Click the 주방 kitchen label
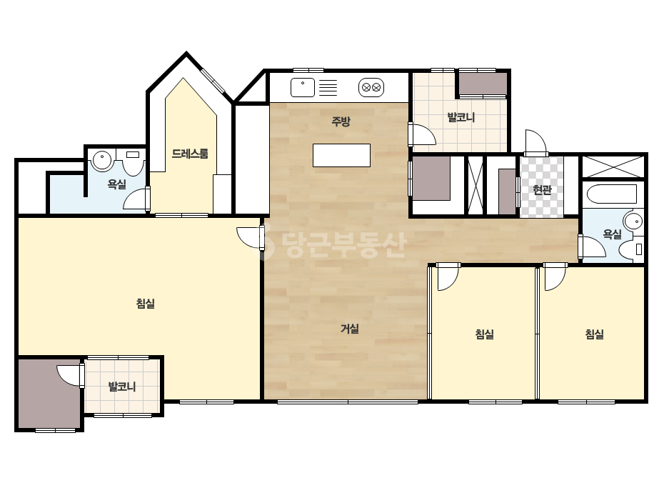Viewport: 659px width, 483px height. tap(341, 121)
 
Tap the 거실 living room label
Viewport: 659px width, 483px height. tap(350, 329)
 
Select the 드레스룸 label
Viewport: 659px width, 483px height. tap(190, 154)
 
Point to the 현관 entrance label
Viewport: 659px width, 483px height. tap(542, 190)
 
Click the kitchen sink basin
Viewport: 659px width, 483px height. tap(303, 87)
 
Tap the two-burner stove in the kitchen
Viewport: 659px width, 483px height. tap(371, 87)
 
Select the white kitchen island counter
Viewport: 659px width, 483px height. tap(342, 155)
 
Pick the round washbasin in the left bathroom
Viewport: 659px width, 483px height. tap(101, 161)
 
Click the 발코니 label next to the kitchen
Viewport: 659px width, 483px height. tap(461, 117)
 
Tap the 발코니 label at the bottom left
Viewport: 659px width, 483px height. tap(122, 387)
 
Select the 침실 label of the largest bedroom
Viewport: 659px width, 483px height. tap(146, 304)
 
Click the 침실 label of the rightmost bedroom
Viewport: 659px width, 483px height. tap(595, 334)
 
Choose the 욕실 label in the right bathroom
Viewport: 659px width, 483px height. tap(612, 234)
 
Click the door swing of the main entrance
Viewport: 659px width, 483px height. tap(535, 141)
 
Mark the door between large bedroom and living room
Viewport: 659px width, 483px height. tap(251, 238)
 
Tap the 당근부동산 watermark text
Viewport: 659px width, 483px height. tap(332, 245)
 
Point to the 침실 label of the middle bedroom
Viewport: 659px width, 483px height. tap(485, 334)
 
